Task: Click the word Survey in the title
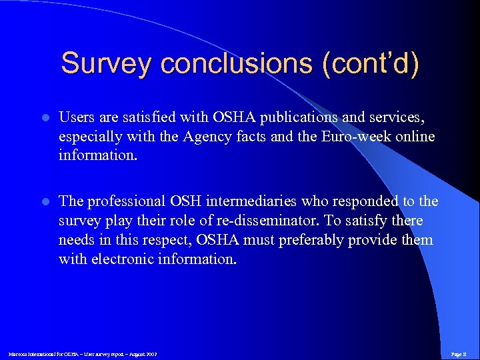pos(107,64)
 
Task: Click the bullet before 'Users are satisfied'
pos(45,118)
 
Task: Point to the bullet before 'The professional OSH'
pos(45,201)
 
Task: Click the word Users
pos(77,117)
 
